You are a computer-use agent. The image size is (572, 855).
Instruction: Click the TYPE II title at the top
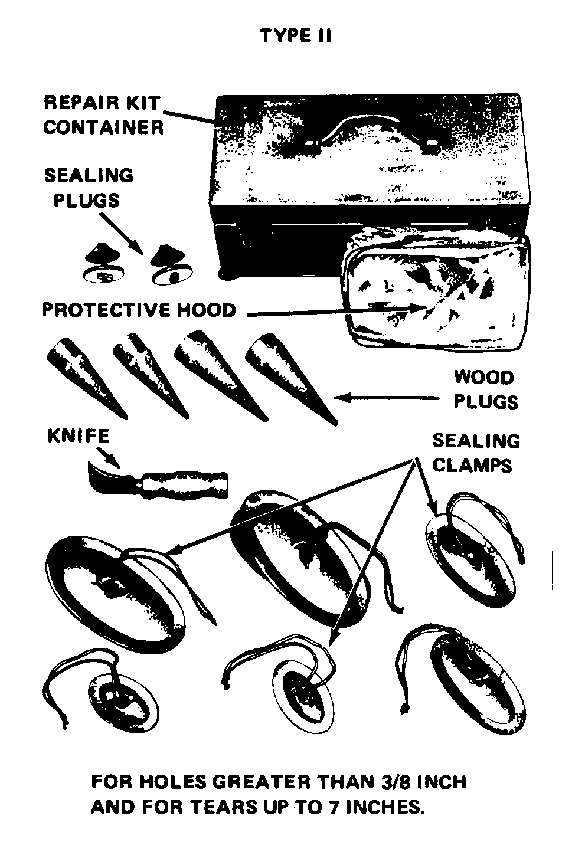point(296,36)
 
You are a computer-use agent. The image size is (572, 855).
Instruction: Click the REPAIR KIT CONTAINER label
point(103,115)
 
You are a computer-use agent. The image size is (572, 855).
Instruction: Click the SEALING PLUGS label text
point(89,188)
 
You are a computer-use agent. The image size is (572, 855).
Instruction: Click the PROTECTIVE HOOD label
point(139,310)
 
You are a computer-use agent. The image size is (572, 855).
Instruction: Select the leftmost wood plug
point(87,378)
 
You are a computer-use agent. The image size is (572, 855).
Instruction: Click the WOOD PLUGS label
point(486,389)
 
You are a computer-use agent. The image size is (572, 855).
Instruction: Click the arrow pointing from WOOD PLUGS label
point(387,398)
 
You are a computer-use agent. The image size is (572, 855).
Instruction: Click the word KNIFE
point(79,436)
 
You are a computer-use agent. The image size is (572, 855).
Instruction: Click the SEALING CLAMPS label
point(476,453)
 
